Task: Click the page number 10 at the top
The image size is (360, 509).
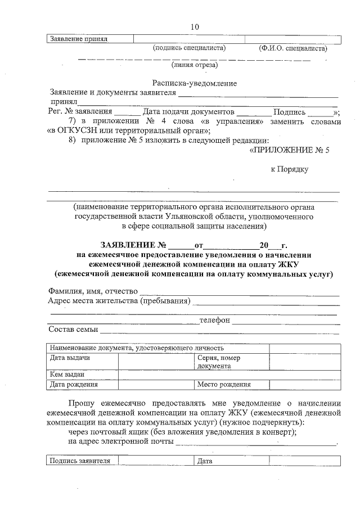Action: click(195, 27)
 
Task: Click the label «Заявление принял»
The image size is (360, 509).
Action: click(79, 39)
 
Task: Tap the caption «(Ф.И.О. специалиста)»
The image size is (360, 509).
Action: click(292, 48)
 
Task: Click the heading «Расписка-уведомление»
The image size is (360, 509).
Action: click(194, 83)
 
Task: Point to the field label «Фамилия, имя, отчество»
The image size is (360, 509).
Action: click(93, 291)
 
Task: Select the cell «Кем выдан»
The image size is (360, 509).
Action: click(67, 375)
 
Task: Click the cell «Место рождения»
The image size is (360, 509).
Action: click(223, 385)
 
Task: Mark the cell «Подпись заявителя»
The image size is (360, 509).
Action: click(79, 461)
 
